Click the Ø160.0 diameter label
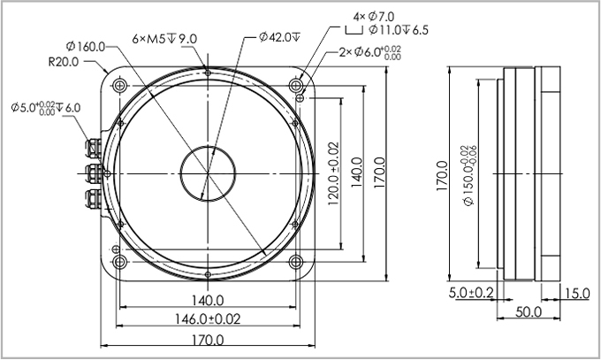85,46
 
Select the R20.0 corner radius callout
64,62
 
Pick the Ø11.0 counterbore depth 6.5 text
398,29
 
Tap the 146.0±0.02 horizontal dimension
207,318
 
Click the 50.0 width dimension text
529,313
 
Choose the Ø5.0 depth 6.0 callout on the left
46,108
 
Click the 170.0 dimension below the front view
207,340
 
